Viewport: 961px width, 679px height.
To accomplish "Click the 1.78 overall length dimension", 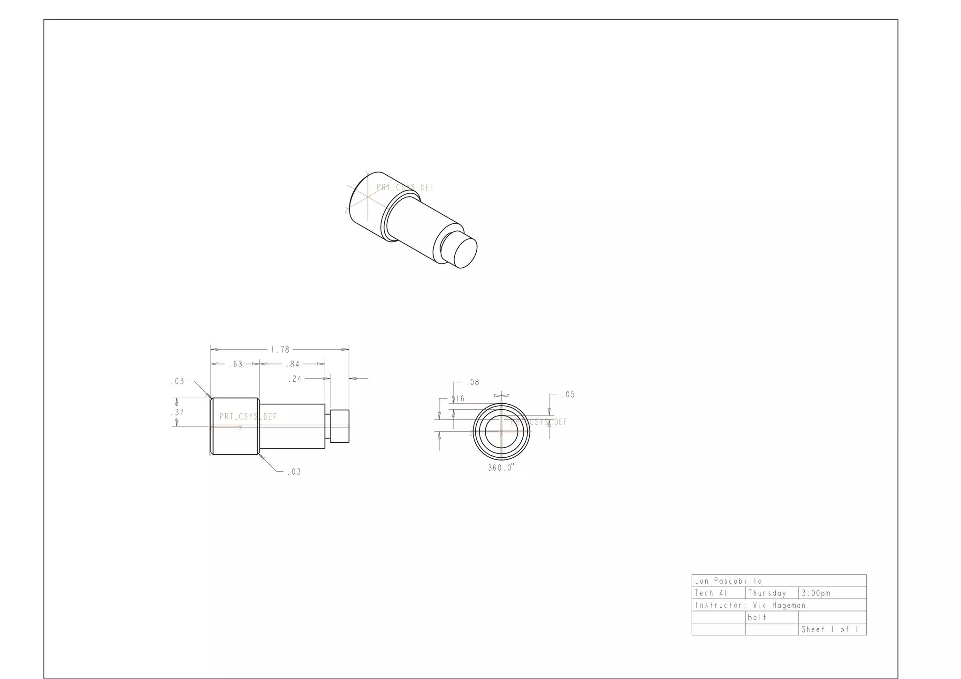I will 280,350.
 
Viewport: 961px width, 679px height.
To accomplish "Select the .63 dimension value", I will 236,364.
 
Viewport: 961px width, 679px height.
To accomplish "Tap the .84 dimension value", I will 293,364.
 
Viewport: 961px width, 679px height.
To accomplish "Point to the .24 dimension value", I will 295,379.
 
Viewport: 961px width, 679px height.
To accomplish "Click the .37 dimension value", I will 177,412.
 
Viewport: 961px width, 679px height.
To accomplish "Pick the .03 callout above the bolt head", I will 177,382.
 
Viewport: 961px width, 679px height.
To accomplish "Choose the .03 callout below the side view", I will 294,472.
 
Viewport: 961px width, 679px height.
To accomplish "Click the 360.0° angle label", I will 501,468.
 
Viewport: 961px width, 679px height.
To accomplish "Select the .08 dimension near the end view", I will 473,383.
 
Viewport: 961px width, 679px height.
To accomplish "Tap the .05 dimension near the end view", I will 568,394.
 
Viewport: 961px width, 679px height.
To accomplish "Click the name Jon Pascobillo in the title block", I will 728,581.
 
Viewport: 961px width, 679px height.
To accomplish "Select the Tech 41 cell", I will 711,593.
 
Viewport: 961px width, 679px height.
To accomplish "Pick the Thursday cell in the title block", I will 767,593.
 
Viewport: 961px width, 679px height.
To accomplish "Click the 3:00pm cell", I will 816,593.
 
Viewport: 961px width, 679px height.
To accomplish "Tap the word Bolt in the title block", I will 757,618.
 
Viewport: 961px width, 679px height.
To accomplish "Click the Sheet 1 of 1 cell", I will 830,630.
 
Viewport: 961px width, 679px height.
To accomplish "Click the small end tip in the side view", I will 339,426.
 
